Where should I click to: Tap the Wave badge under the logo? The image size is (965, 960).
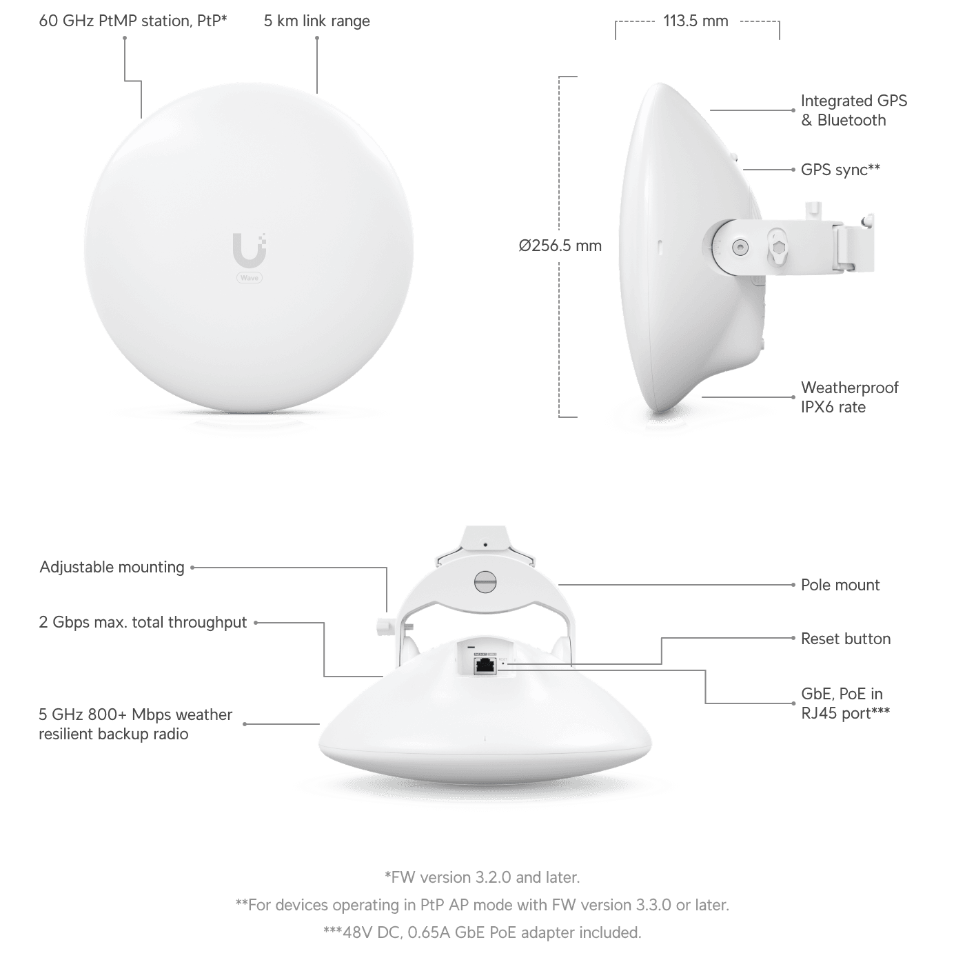coord(250,277)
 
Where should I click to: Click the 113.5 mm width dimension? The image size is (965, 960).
coord(695,21)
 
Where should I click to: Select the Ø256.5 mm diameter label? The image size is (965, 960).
coord(560,246)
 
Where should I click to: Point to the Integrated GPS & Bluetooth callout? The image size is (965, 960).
coord(853,110)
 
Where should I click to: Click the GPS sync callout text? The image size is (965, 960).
coord(840,170)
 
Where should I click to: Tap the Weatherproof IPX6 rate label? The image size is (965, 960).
coord(849,397)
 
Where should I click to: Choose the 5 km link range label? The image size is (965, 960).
coord(316,21)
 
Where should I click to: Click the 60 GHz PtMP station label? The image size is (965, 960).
coord(133,21)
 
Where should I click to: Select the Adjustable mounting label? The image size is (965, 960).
coord(112,567)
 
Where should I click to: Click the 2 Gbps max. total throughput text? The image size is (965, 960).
coord(143,622)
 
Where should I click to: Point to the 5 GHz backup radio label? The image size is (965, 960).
coord(135,724)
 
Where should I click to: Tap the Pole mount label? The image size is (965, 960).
coord(840,585)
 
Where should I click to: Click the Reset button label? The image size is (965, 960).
coord(845,639)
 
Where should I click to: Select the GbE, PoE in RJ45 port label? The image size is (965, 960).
coord(845,703)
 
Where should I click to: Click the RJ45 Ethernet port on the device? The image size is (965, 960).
coord(485,666)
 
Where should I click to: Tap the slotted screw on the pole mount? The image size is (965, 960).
coord(485,581)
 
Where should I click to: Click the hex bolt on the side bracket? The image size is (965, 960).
coord(778,247)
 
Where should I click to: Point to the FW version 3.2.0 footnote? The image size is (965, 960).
coord(482,877)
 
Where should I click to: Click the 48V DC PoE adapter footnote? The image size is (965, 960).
coord(482,932)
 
